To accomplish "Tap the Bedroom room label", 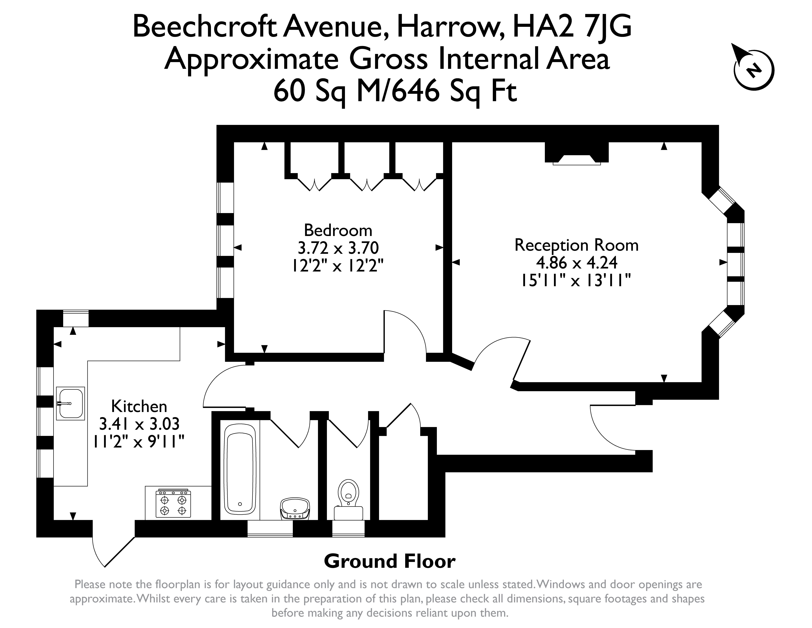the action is pos(338,230).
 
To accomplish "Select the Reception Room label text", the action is pos(576,245).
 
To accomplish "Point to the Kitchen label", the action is pos(139,406).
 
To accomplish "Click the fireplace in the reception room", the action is pos(577,153).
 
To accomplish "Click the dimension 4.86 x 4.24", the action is pos(576,263).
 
